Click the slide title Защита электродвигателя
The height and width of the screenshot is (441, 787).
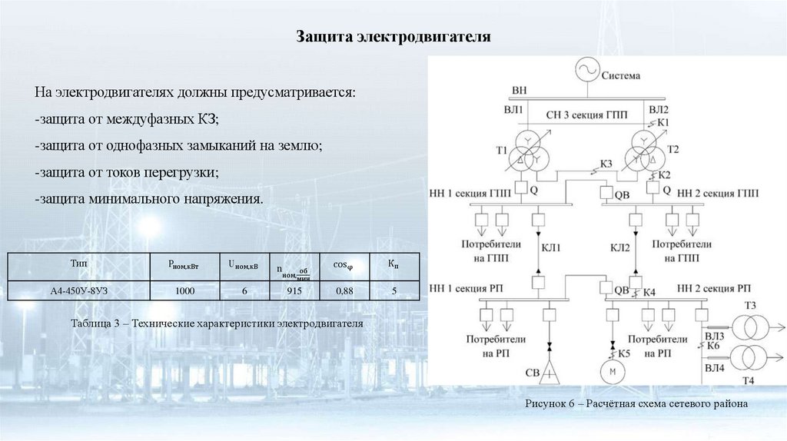[393, 37]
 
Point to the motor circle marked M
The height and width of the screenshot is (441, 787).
[613, 372]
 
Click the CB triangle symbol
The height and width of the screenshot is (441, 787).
[550, 373]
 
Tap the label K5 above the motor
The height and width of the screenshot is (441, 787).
[623, 353]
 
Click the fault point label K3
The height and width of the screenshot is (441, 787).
[606, 164]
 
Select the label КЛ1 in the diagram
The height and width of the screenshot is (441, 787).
[552, 247]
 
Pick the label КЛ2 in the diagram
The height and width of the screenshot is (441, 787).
[620, 247]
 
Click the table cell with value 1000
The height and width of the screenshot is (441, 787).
[185, 290]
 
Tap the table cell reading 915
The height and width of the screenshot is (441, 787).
[294, 290]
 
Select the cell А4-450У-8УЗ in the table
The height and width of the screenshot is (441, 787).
[78, 290]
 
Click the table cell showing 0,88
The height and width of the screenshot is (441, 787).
[343, 290]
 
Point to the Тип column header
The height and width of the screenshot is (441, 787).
[78, 264]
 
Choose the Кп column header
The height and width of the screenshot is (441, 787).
[393, 264]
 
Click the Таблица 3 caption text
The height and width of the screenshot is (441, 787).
[216, 323]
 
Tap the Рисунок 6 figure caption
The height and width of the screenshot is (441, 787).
[636, 403]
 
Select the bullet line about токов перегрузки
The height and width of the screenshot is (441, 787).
[127, 172]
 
